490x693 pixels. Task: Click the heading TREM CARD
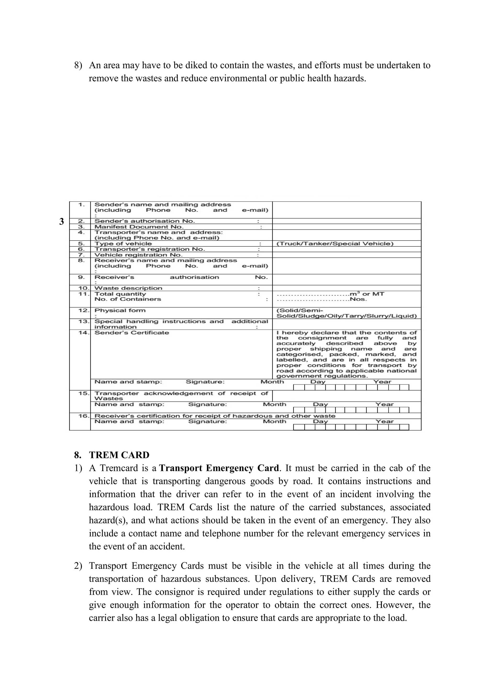pyautogui.click(x=119, y=455)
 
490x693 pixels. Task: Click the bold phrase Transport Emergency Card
pyautogui.click(x=219, y=468)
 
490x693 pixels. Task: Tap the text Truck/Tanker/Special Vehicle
pyautogui.click(x=335, y=244)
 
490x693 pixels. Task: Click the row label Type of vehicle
pyautogui.click(x=123, y=244)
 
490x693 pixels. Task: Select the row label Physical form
pyautogui.click(x=120, y=310)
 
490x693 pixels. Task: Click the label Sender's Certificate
pyautogui.click(x=132, y=333)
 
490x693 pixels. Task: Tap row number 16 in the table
pyautogui.click(x=83, y=416)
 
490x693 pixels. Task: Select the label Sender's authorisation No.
pyautogui.click(x=145, y=221)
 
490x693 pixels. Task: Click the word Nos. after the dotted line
pyautogui.click(x=358, y=299)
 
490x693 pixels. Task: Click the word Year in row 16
pyautogui.click(x=384, y=421)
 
